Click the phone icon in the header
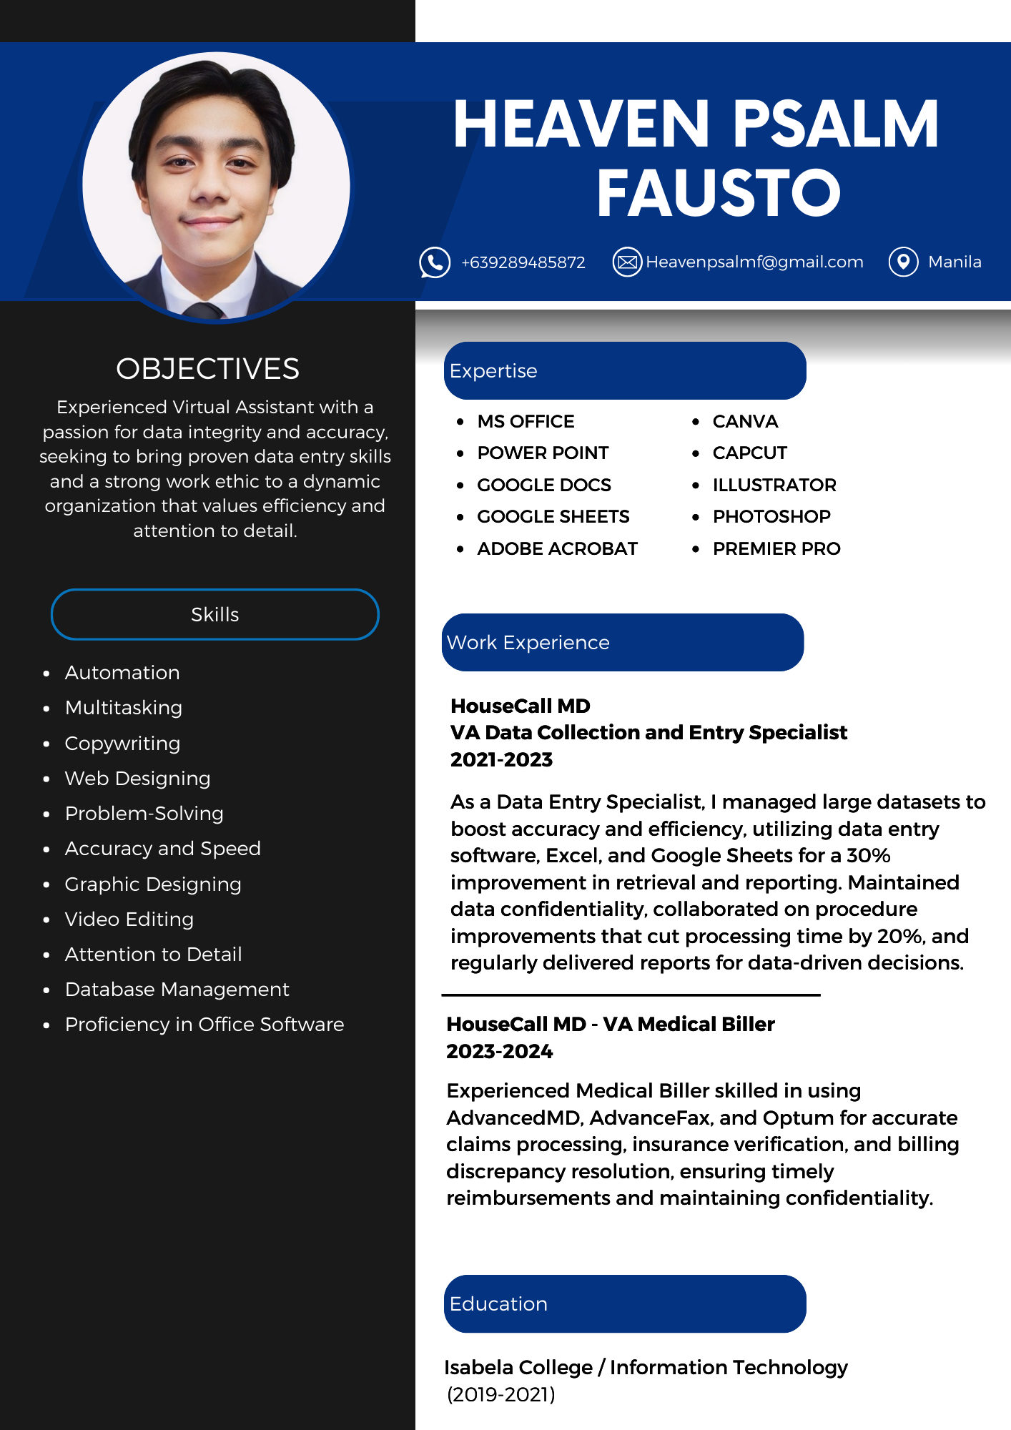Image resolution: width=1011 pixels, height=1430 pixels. (435, 262)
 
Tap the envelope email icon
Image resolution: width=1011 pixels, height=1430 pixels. (627, 262)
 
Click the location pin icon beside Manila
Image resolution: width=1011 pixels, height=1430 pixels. (903, 262)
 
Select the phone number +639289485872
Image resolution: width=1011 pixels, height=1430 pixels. (523, 263)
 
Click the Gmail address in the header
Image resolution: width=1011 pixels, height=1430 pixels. (754, 262)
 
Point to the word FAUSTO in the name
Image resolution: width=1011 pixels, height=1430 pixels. (719, 193)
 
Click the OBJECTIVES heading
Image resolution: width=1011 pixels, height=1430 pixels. (207, 369)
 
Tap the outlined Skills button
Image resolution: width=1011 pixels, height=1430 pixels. (214, 614)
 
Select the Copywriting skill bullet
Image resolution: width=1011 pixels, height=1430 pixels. (122, 744)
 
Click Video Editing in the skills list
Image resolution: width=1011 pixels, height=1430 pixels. (129, 919)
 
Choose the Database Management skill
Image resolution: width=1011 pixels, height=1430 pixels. (177, 990)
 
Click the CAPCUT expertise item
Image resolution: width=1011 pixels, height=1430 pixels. (749, 453)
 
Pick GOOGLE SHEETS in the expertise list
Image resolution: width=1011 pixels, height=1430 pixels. (553, 517)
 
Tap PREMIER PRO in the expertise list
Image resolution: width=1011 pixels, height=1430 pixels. (776, 549)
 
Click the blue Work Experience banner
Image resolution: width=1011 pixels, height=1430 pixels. (623, 642)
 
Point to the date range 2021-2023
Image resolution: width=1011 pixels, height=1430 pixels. (501, 760)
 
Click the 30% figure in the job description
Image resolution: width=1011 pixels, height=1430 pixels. (868, 856)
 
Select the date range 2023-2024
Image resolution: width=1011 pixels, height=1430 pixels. (499, 1052)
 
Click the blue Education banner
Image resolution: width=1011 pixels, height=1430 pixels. (624, 1303)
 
